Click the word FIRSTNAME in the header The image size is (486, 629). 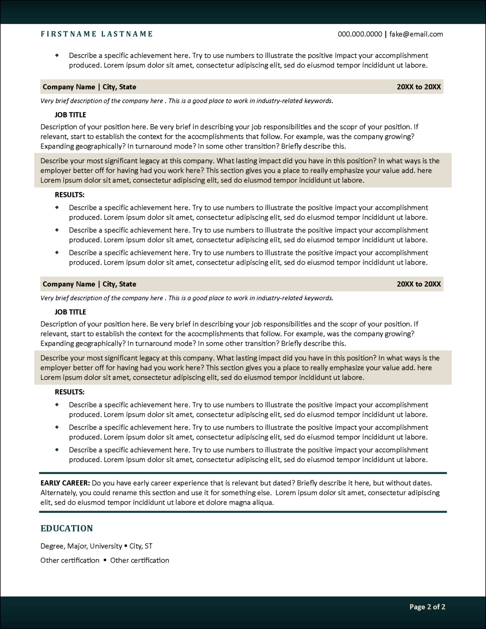(68, 34)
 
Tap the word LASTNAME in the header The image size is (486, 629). (127, 34)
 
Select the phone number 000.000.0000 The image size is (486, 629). (360, 34)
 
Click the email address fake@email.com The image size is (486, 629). (416, 34)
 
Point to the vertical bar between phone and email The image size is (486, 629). (386, 34)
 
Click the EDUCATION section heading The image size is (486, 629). (67, 528)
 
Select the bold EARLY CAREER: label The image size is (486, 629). (65, 483)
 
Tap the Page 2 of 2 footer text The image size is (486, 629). (427, 607)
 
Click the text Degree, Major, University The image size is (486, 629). (81, 546)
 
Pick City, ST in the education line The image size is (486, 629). (141, 546)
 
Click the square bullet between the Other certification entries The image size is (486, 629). (105, 561)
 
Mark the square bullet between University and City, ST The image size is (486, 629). (126, 546)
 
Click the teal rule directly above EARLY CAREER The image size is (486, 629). (243, 473)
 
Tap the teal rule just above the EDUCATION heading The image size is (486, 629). (243, 512)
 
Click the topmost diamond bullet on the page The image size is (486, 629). (57, 55)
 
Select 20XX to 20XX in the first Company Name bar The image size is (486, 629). (419, 87)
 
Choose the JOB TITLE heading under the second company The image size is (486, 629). (70, 312)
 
